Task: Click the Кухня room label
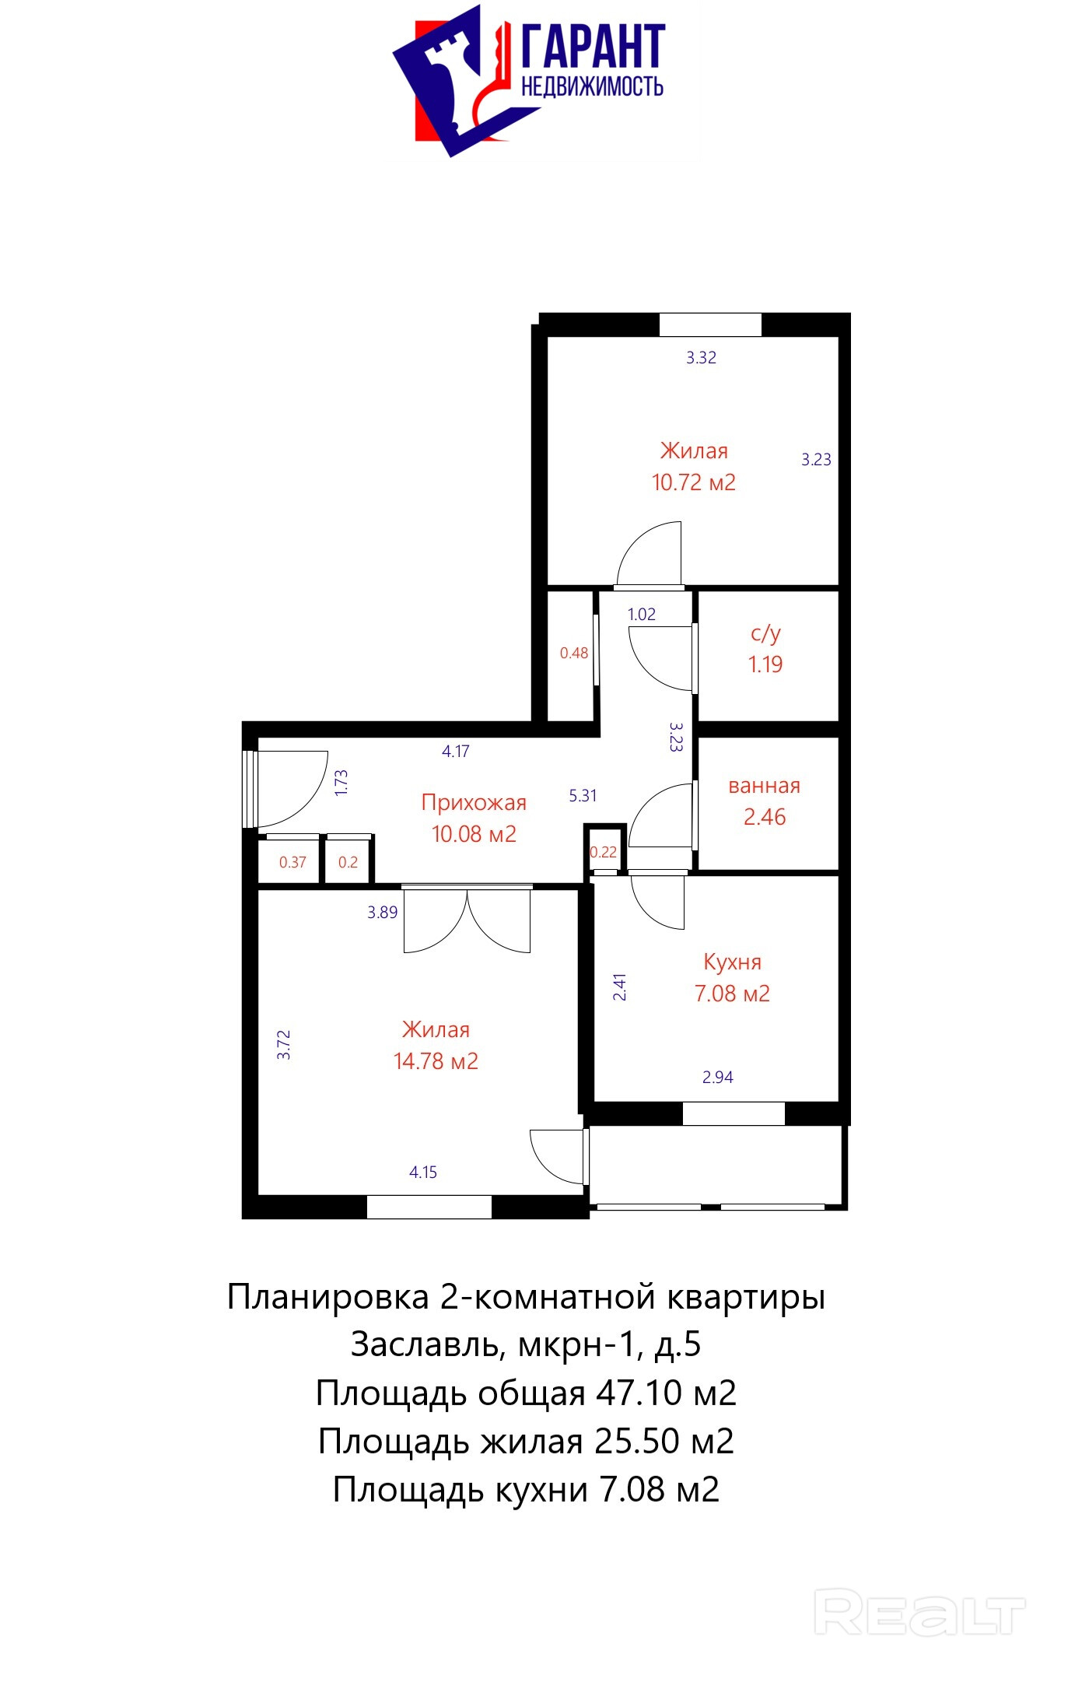732,962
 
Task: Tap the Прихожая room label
474,802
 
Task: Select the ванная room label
764,786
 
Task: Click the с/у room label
765,633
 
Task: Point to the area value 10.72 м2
693,482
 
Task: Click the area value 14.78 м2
436,1061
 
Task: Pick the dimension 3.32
701,357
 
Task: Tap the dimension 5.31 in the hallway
583,795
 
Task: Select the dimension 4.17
456,751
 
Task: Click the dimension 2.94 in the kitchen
718,1077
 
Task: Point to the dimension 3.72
284,1045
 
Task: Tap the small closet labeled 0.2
347,862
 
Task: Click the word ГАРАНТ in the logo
593,47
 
